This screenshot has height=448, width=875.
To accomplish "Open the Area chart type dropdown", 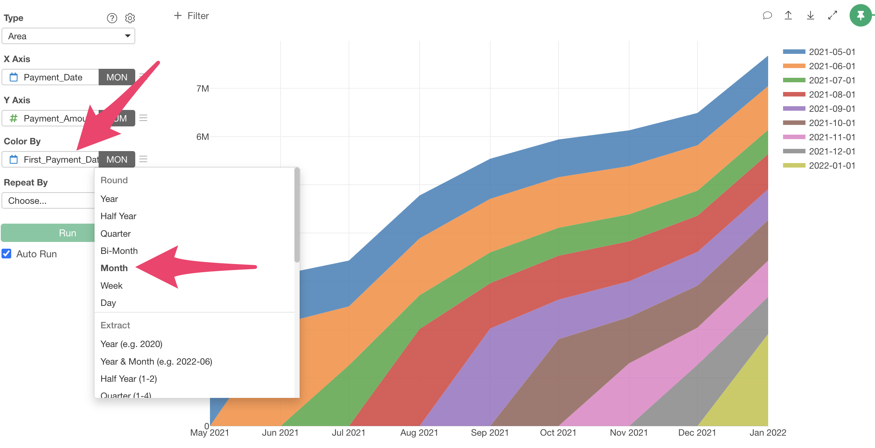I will (x=68, y=36).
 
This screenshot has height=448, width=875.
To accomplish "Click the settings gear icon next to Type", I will (x=130, y=18).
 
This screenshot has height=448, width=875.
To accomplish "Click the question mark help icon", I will (x=112, y=18).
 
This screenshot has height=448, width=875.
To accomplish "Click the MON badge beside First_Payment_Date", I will (x=117, y=160).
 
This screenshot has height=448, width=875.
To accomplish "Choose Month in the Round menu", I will (x=114, y=268).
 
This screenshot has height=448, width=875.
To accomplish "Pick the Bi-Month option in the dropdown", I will (x=119, y=251).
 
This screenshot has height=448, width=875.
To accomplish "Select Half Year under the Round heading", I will (x=118, y=216).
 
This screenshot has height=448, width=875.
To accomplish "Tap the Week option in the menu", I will (x=111, y=286).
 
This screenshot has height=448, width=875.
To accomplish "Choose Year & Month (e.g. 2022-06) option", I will (x=156, y=362).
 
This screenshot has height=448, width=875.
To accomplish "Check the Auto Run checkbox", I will (x=7, y=254).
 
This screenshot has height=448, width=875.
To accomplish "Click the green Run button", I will (x=49, y=233).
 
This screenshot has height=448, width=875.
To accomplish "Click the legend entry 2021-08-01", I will (x=832, y=95).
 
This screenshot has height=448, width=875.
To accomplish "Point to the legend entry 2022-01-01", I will (x=832, y=166).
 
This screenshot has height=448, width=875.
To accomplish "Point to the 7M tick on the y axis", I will (x=202, y=89).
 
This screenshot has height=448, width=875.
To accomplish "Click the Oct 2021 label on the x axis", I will (x=558, y=433).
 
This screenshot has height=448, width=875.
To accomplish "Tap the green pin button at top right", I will (x=860, y=16).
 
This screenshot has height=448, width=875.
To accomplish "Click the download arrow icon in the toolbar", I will (x=810, y=15).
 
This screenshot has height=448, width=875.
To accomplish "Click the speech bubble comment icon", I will (x=767, y=15).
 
